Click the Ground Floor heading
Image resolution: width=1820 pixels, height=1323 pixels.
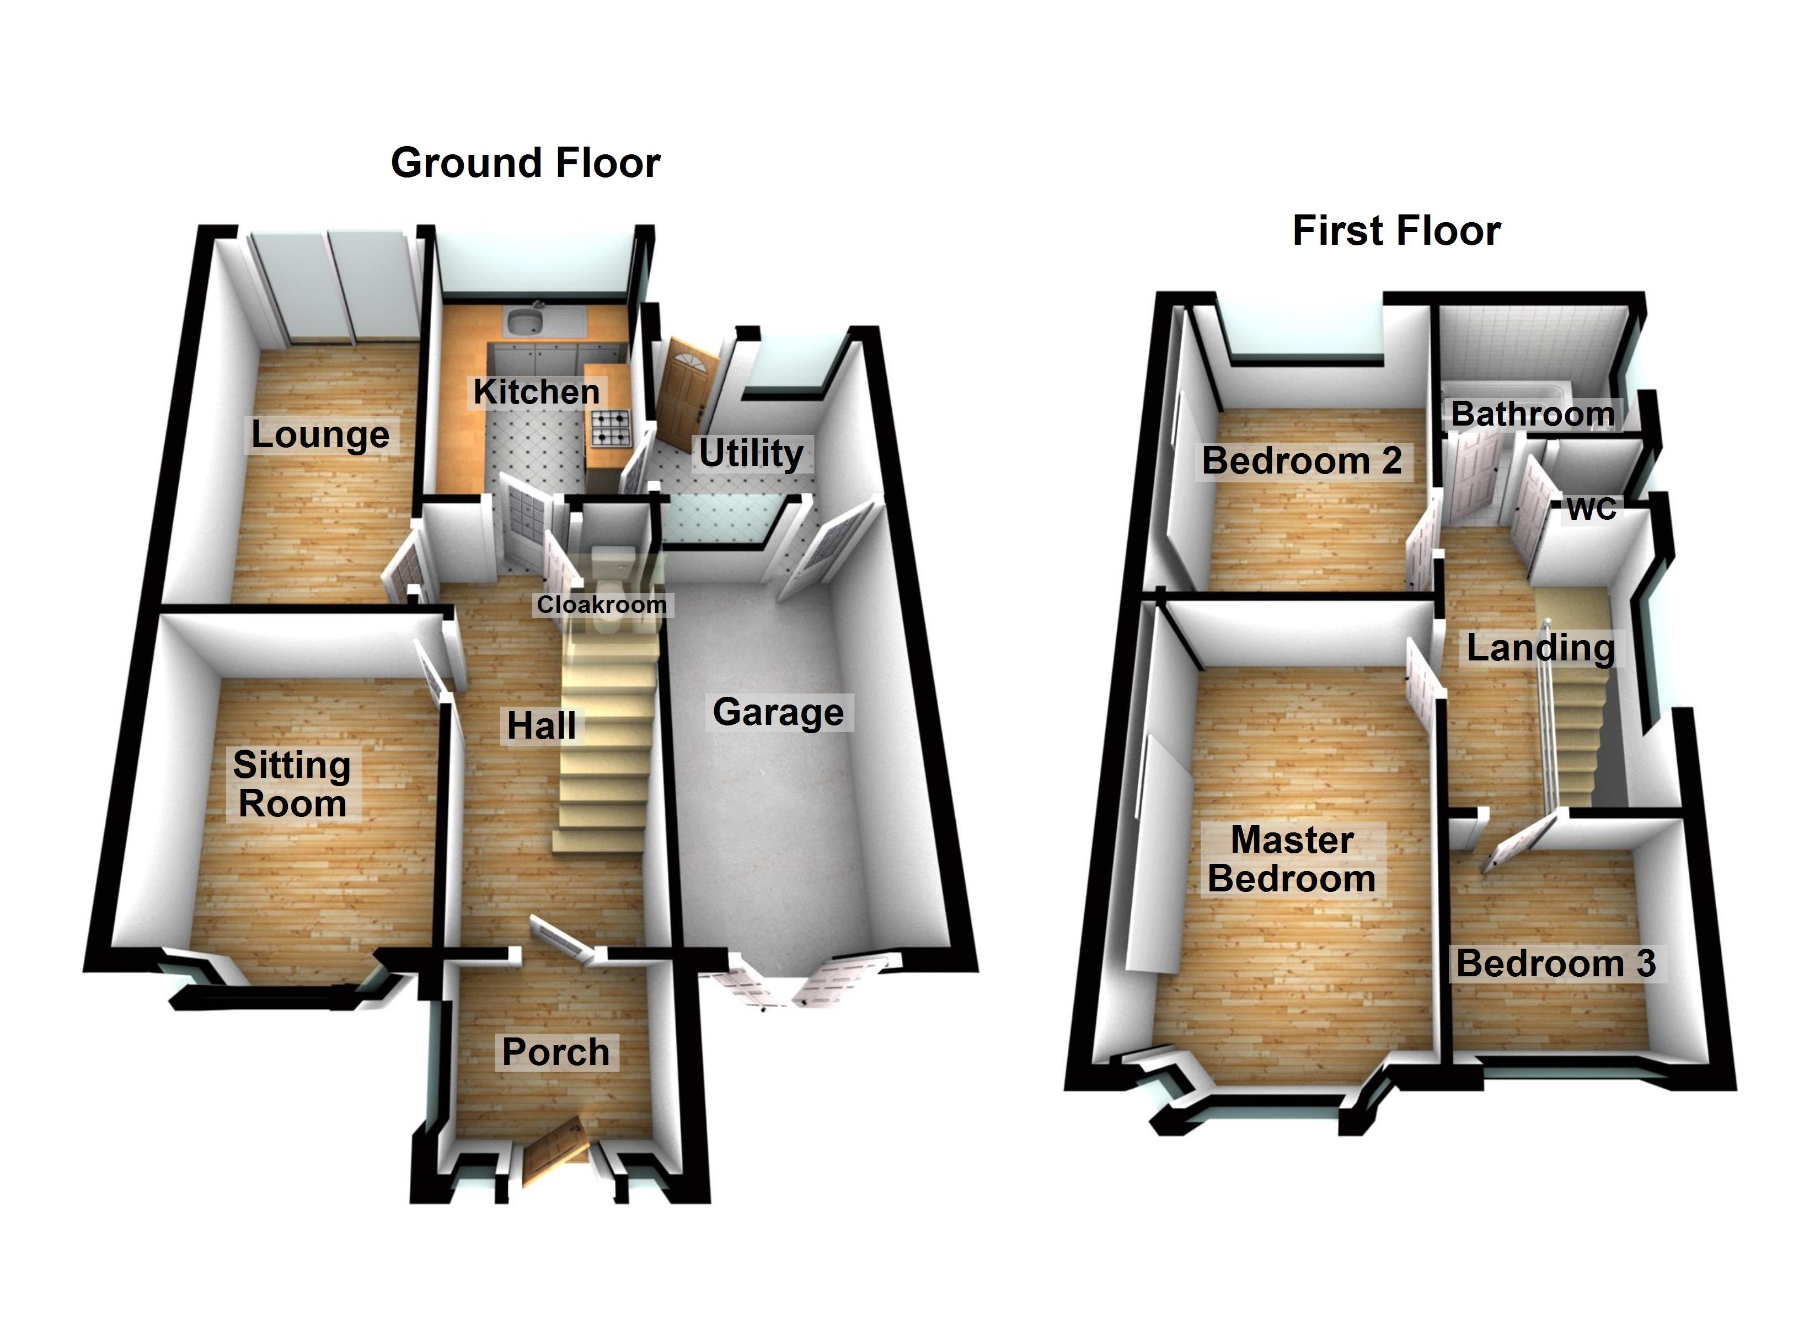tap(526, 163)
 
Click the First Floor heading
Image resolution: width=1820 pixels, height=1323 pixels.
tap(1396, 231)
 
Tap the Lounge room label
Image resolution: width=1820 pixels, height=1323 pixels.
tap(320, 435)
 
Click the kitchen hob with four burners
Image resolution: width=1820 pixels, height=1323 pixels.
tap(611, 428)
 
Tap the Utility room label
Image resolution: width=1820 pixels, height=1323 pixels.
tap(751, 453)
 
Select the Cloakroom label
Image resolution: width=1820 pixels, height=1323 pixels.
tap(602, 604)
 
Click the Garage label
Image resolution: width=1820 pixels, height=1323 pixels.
tap(778, 712)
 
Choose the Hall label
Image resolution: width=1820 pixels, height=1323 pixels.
tap(542, 726)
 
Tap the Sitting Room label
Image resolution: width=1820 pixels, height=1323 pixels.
tap(292, 784)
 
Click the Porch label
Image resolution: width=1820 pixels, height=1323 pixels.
tap(556, 1052)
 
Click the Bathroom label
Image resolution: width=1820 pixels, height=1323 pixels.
tap(1533, 414)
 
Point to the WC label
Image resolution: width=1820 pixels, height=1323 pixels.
tap(1591, 509)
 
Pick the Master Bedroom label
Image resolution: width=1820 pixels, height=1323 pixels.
tap(1292, 859)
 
